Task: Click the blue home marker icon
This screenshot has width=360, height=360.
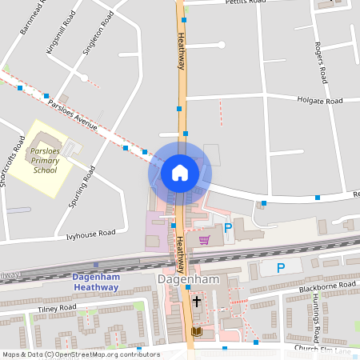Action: click(x=180, y=172)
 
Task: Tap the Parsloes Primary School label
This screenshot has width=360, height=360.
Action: click(x=45, y=160)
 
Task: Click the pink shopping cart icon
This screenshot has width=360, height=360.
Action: click(x=205, y=239)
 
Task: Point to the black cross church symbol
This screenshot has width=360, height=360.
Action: click(x=196, y=301)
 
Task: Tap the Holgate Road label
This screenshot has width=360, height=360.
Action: click(x=319, y=101)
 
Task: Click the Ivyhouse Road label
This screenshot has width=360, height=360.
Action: click(x=90, y=234)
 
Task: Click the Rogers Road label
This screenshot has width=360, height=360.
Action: click(x=322, y=63)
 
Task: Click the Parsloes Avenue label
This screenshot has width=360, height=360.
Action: click(x=72, y=115)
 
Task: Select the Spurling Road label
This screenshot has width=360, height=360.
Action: click(x=82, y=186)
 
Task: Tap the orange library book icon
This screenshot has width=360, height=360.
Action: click(x=197, y=331)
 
